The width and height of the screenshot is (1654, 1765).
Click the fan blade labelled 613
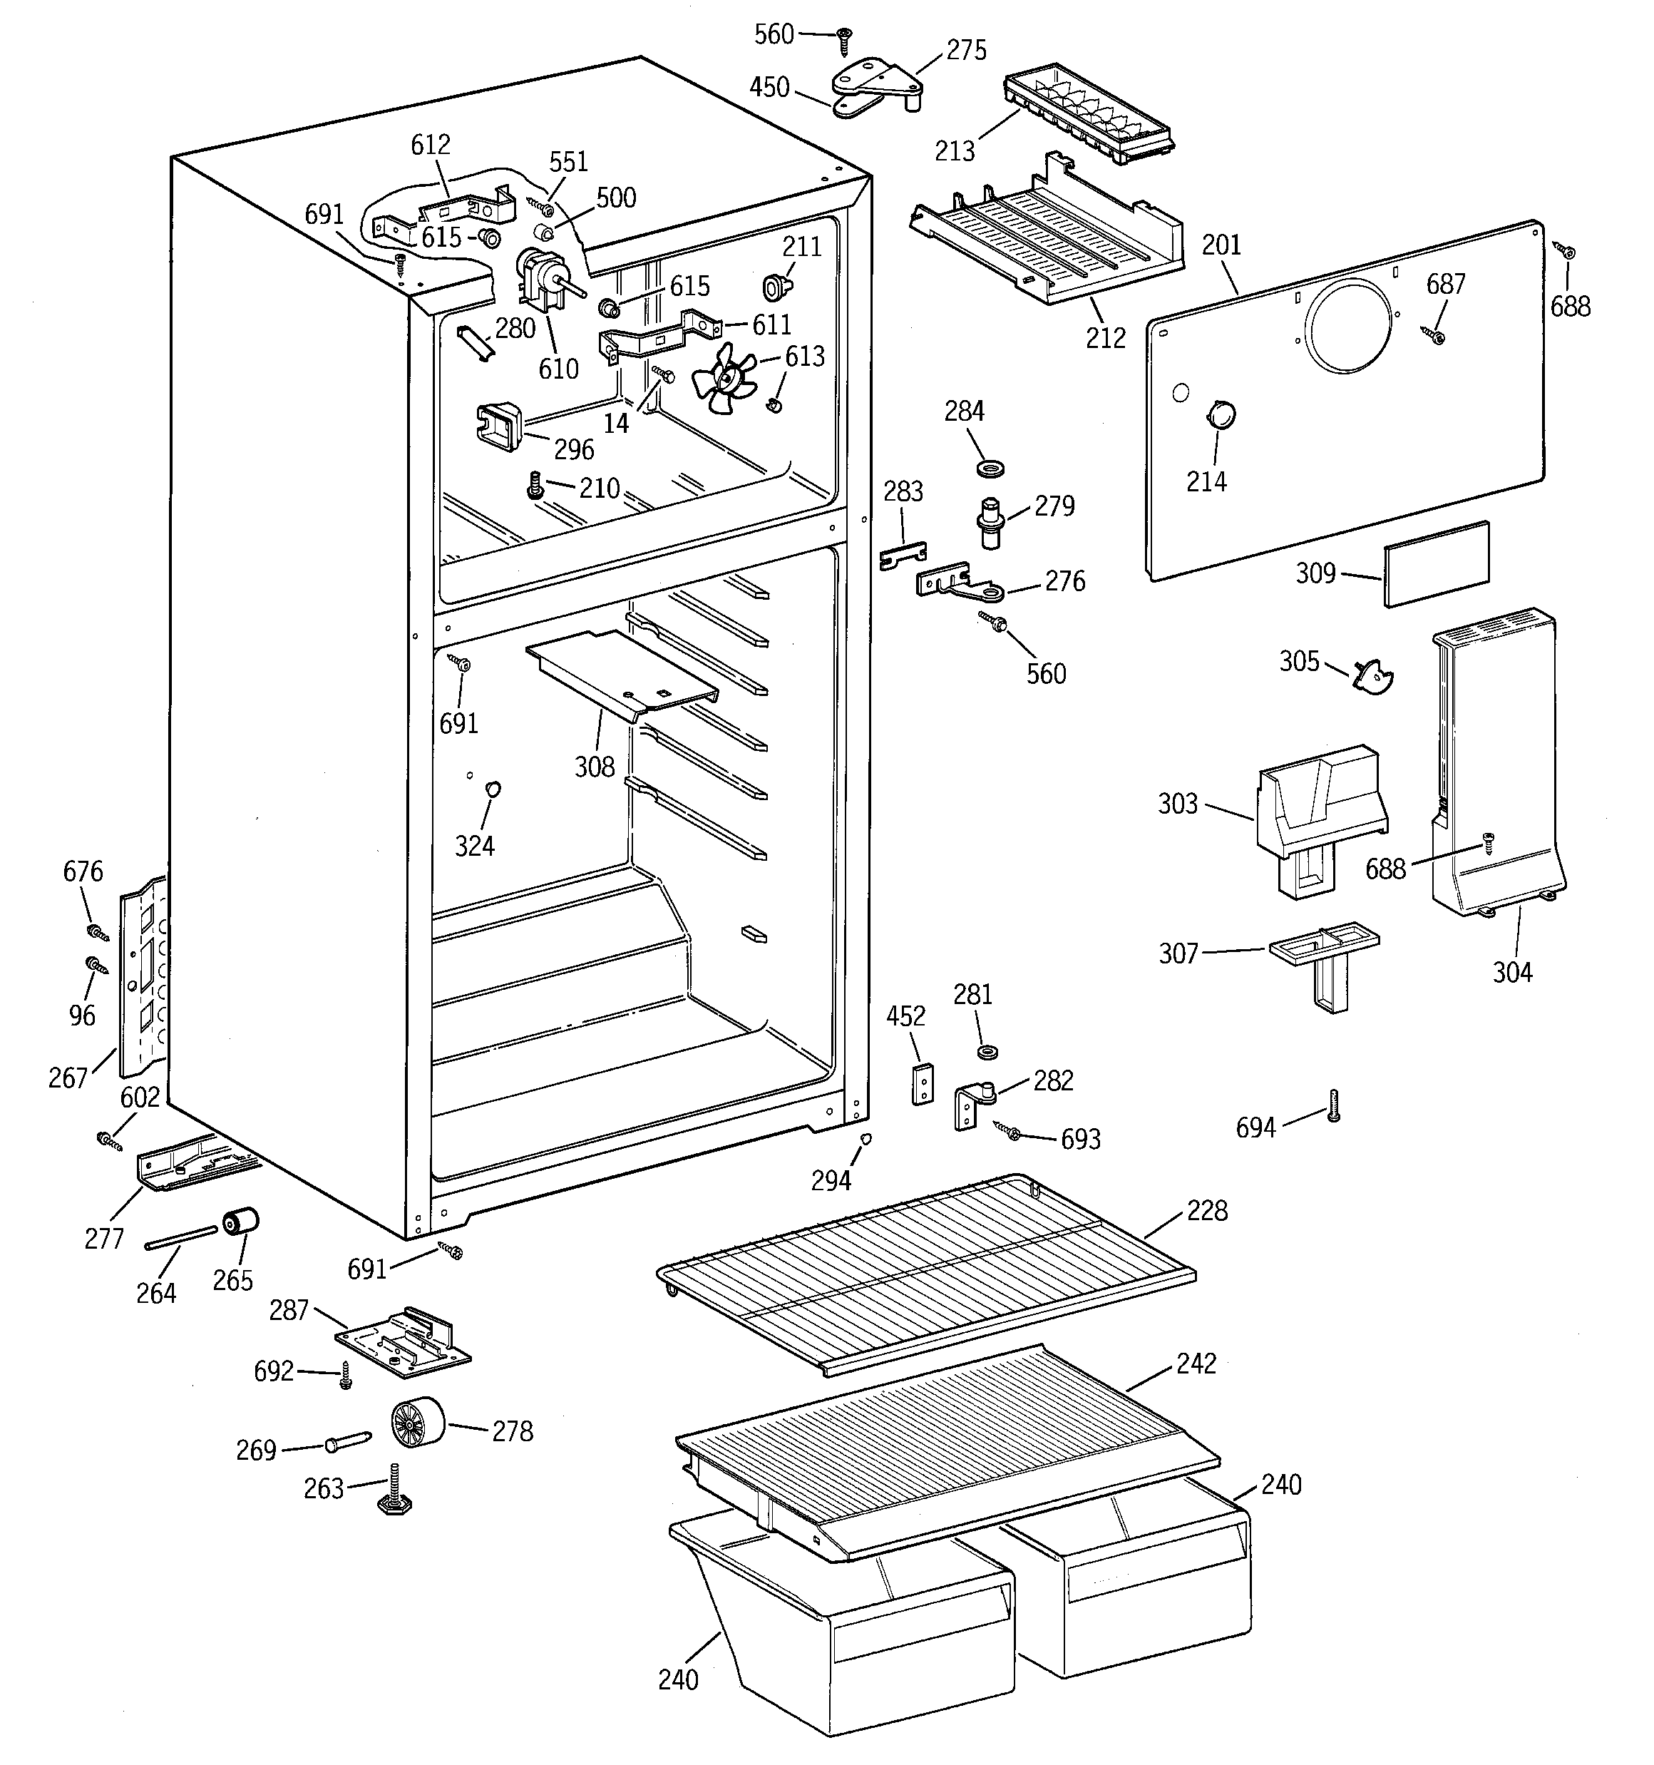point(723,380)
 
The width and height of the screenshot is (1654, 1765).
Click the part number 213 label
point(955,151)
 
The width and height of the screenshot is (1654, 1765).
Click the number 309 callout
point(1315,573)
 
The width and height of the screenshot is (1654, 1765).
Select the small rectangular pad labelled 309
point(1436,564)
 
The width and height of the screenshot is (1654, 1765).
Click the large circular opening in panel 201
point(1349,325)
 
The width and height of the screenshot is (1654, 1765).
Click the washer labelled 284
point(988,467)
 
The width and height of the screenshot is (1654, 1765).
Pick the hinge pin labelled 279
point(991,525)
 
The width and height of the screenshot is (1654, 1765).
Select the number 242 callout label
point(1196,1363)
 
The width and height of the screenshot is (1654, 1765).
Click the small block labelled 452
point(923,1083)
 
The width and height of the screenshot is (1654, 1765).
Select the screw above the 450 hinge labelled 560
point(843,39)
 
